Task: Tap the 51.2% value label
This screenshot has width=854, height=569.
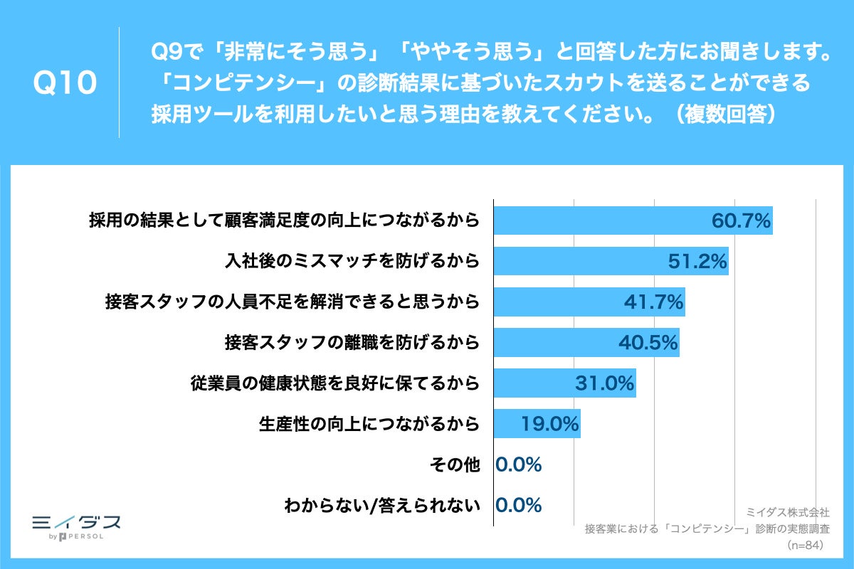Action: click(697, 262)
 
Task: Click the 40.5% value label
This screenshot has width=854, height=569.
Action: click(648, 343)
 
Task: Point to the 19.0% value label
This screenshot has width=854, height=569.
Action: click(549, 425)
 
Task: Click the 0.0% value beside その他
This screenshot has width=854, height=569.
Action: click(519, 465)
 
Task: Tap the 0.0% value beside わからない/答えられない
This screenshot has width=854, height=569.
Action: click(519, 506)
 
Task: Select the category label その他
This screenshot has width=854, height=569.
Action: click(455, 465)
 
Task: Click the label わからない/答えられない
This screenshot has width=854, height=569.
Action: click(381, 506)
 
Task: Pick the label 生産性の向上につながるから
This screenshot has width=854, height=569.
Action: click(369, 425)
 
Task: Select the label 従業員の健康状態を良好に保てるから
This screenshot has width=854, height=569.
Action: click(334, 383)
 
